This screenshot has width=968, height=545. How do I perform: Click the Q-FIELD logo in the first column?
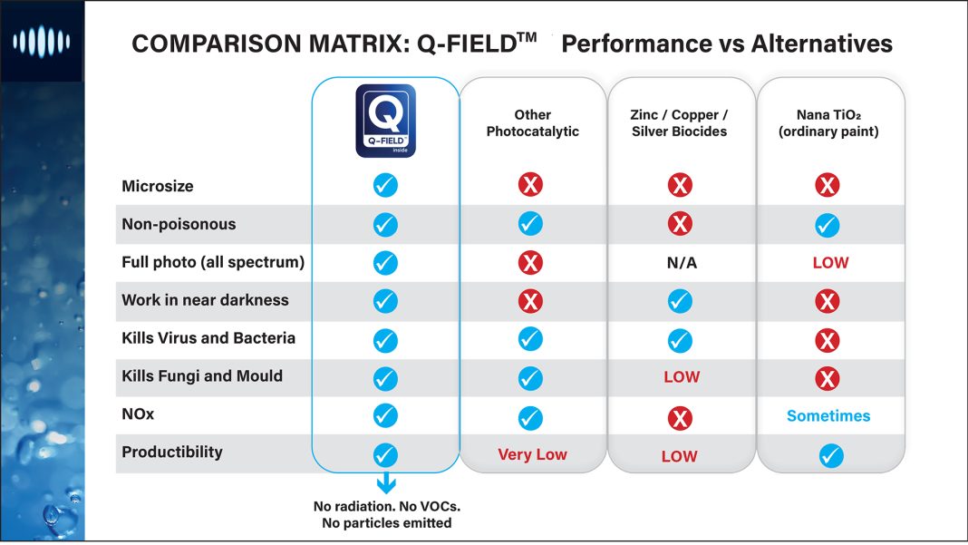pyautogui.click(x=386, y=121)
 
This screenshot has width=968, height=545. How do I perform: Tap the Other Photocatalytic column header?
pyautogui.click(x=532, y=123)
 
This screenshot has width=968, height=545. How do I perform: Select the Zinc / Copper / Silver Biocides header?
pyautogui.click(x=679, y=123)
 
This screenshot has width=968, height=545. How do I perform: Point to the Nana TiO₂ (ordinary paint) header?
pyautogui.click(x=828, y=123)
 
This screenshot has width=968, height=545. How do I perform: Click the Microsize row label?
pyautogui.click(x=158, y=186)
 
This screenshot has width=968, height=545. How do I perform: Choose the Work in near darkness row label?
pyautogui.click(x=205, y=300)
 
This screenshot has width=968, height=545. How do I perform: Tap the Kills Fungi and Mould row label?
pyautogui.click(x=202, y=376)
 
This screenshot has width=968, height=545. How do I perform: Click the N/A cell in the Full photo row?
pyautogui.click(x=680, y=263)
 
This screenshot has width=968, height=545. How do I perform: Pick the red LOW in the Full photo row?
pyautogui.click(x=830, y=263)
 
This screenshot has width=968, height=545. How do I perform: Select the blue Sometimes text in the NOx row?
pyautogui.click(x=828, y=416)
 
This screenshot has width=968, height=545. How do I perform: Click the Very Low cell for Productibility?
pyautogui.click(x=532, y=455)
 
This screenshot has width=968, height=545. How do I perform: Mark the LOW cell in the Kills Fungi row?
pyautogui.click(x=681, y=377)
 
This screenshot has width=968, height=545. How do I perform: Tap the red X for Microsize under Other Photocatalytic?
pyautogui.click(x=530, y=186)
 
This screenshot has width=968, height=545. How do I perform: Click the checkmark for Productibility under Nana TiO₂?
pyautogui.click(x=830, y=455)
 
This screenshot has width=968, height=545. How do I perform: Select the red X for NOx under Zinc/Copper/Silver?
pyautogui.click(x=680, y=417)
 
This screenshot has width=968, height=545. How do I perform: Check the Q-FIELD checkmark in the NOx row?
pyautogui.click(x=385, y=415)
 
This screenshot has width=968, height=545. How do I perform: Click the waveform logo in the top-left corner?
pyautogui.click(x=41, y=41)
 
